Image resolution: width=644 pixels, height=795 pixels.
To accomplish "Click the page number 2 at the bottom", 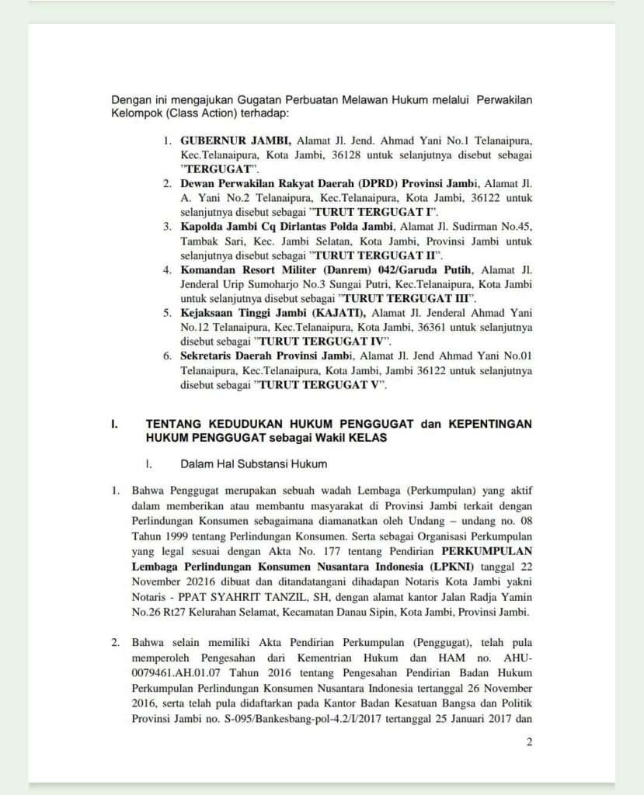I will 529,742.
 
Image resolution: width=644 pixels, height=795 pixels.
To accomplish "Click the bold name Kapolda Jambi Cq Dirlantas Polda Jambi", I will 287,226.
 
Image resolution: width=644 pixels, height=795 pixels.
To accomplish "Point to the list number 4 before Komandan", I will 166,269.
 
